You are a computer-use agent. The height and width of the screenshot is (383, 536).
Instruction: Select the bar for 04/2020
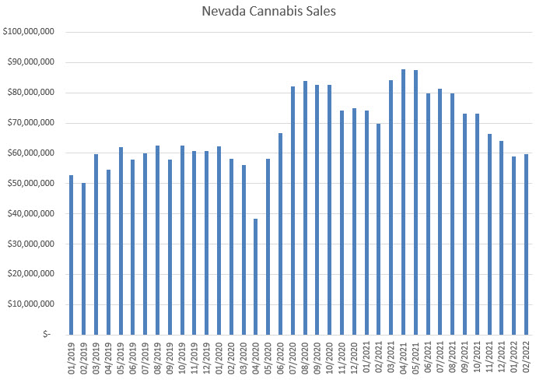255,276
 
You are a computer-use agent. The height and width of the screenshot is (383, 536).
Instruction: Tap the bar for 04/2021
403,202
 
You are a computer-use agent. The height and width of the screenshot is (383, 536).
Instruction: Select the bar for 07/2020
293,210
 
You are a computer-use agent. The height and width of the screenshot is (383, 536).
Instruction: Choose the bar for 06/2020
280,234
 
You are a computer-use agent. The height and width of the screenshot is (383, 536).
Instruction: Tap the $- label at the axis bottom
47,335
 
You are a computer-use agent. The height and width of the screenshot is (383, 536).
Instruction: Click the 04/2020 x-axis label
256,357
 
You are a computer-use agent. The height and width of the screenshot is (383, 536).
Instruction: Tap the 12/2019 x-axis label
207,357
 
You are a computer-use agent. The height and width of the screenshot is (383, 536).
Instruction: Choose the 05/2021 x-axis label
416,357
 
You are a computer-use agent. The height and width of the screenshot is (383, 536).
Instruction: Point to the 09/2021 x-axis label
465,357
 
